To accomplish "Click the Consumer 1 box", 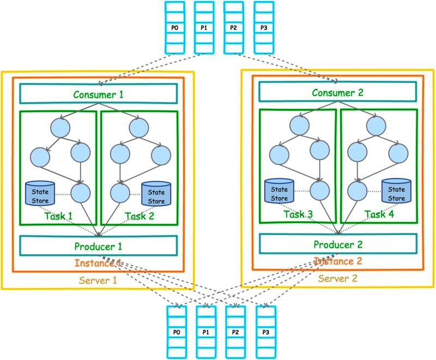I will (99, 94).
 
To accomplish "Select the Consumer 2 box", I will (337, 93).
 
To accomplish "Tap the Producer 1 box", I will (99, 246).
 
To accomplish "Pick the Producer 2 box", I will (337, 244).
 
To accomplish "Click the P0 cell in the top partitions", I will (173, 27).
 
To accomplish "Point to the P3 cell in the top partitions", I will (264, 27).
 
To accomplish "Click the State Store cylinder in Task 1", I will (40, 193).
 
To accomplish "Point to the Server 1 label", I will (98, 280).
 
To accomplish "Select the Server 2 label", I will (337, 278).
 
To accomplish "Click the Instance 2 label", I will (338, 261).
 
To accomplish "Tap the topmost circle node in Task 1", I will (60, 128).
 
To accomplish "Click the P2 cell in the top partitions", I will (234, 27).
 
